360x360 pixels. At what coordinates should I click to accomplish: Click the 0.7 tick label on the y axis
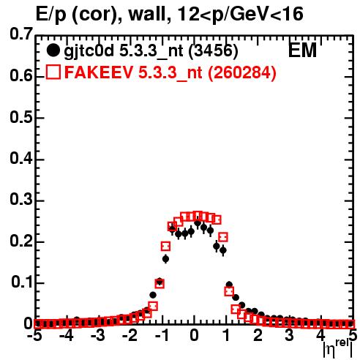[x=21, y=34]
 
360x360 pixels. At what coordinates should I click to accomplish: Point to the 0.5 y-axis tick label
[x=21, y=117]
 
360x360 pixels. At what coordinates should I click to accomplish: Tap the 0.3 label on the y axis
[x=21, y=200]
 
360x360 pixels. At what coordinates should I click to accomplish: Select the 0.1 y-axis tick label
[x=22, y=282]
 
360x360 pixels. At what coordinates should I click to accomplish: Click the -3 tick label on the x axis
[x=98, y=336]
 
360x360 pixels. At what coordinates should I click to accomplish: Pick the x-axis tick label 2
[x=258, y=336]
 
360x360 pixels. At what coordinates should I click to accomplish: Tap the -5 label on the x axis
[x=34, y=336]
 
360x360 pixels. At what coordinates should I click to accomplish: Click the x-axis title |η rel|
[x=338, y=348]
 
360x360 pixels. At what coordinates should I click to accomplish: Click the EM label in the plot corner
[x=302, y=50]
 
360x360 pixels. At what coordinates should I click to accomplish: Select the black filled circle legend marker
[x=53, y=50]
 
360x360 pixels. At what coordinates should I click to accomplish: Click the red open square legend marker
[x=53, y=72]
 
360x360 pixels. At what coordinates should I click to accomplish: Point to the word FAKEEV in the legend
[x=100, y=72]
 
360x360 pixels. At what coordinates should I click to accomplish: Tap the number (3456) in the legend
[x=213, y=50]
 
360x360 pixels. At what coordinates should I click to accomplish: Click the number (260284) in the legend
[x=242, y=72]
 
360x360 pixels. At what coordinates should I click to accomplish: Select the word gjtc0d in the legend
[x=89, y=52]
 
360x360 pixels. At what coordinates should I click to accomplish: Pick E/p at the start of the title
[x=51, y=15]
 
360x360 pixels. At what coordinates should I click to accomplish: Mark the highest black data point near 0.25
[x=198, y=222]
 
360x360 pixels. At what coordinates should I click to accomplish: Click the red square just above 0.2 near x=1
[x=223, y=237]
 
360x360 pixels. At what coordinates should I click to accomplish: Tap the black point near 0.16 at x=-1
[x=165, y=259]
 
